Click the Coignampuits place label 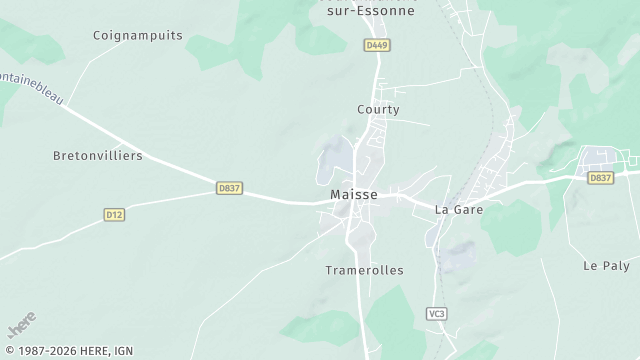(x=137, y=35)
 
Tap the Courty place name (x=378, y=110)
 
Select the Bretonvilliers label (x=97, y=156)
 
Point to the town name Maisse (x=354, y=195)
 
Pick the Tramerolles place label (x=364, y=271)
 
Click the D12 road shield (x=114, y=214)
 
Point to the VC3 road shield (x=436, y=313)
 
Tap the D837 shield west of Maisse (x=230, y=187)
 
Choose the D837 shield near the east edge (x=600, y=178)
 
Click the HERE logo (x=22, y=326)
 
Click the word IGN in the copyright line (x=122, y=352)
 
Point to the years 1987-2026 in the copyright (x=45, y=352)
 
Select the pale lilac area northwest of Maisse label (x=337, y=156)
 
